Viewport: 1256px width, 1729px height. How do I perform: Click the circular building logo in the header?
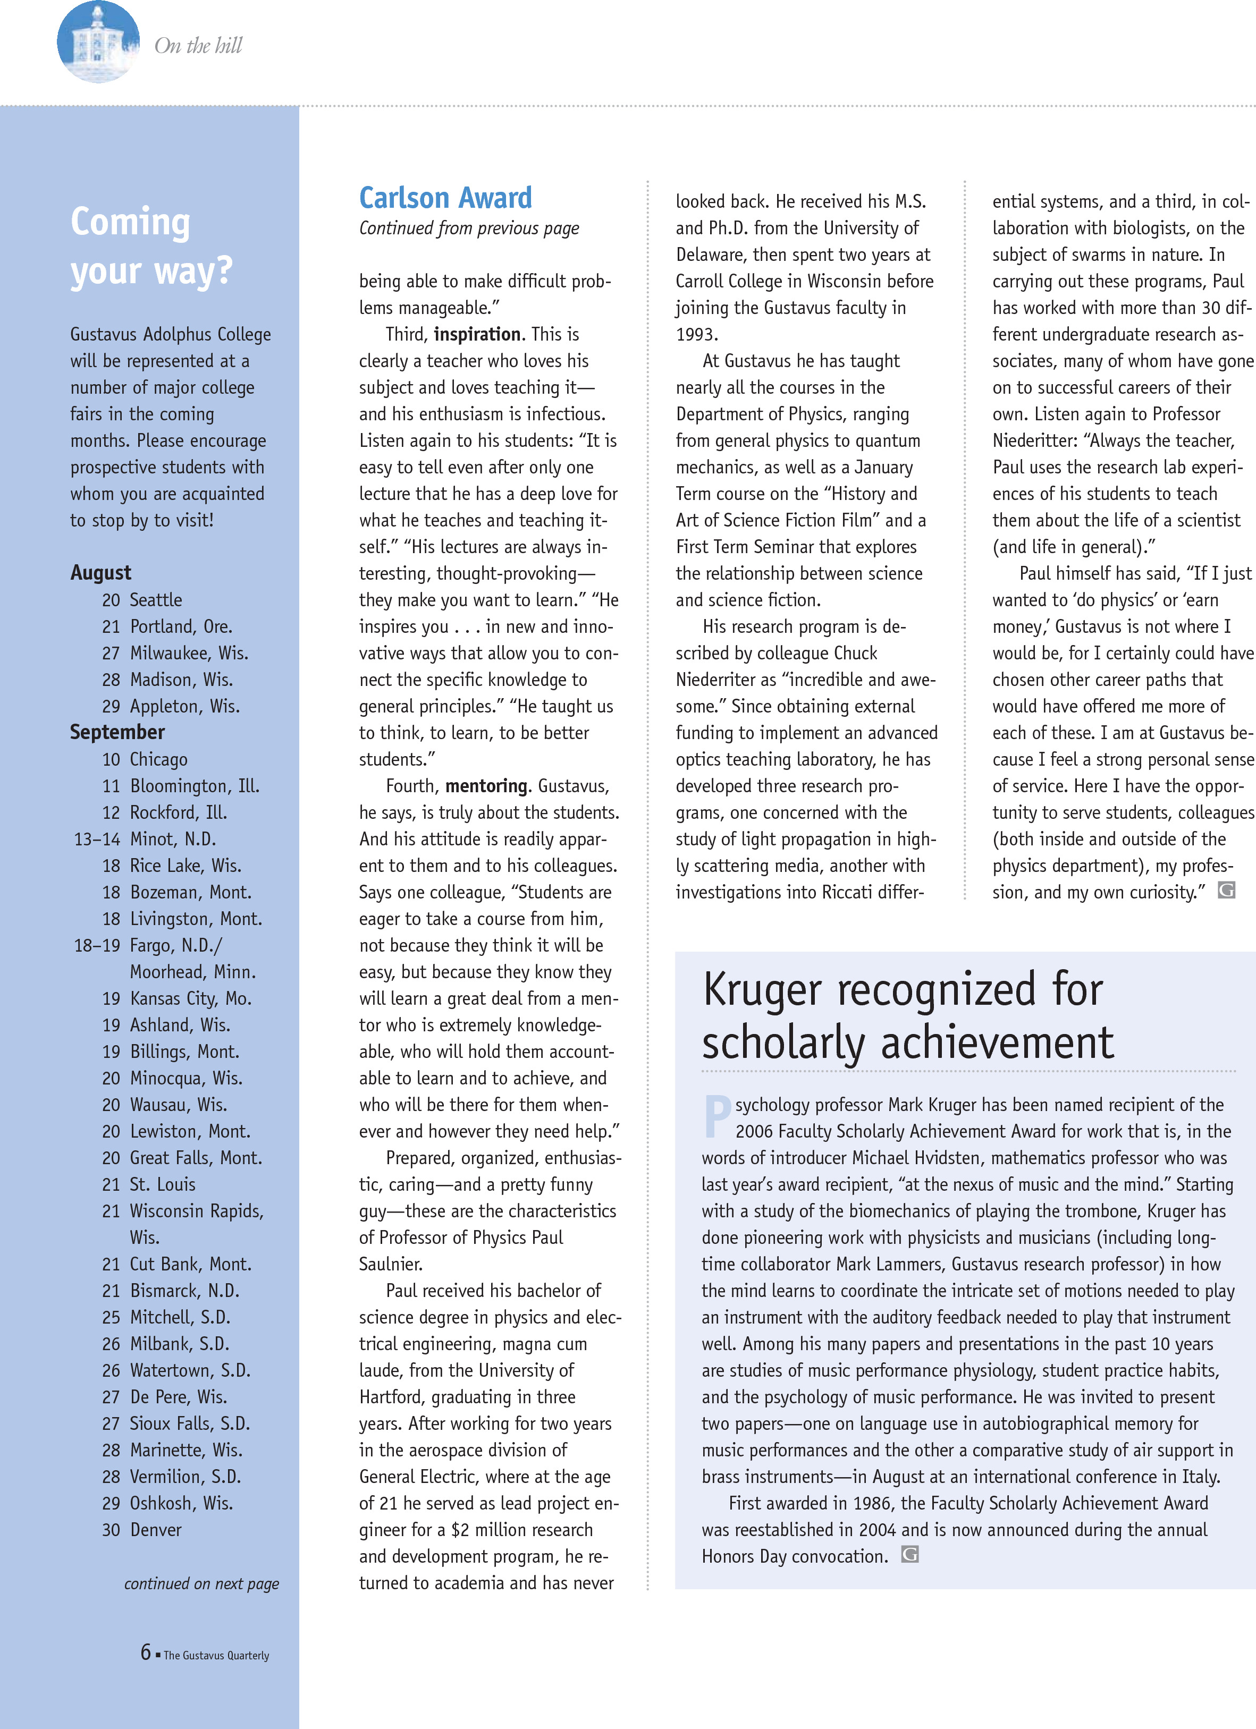(98, 43)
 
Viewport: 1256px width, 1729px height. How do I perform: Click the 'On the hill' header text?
(198, 46)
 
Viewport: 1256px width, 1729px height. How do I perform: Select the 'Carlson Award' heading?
(445, 198)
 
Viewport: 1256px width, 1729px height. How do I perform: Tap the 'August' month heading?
(100, 572)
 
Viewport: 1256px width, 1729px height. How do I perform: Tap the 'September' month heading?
(117, 732)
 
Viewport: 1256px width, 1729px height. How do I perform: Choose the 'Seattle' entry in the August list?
(156, 600)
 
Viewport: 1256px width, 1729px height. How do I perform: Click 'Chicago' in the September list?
(158, 759)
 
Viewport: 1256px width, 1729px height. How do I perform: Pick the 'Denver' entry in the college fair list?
(156, 1529)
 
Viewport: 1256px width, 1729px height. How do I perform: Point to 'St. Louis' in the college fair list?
(163, 1184)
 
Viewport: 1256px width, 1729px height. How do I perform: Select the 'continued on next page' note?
(201, 1583)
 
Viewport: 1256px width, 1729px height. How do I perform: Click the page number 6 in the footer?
(146, 1651)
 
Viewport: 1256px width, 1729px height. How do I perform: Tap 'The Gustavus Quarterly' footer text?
(216, 1655)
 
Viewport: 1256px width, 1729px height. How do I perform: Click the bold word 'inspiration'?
(477, 334)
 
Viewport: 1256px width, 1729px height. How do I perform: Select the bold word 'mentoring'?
(486, 786)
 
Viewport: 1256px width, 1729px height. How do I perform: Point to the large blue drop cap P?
(717, 1115)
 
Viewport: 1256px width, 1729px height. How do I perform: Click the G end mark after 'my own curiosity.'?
(1226, 889)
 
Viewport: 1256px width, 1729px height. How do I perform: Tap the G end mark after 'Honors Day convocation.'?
(910, 1554)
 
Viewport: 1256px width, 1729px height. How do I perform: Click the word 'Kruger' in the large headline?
(763, 989)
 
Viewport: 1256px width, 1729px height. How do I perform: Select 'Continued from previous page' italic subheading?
(469, 228)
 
